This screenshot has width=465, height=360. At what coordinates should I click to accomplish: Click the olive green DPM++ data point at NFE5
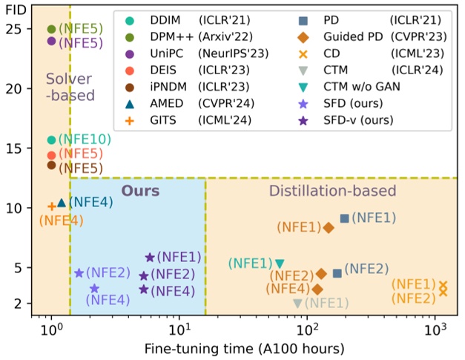(51, 30)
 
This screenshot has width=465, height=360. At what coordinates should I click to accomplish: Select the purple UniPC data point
(51, 42)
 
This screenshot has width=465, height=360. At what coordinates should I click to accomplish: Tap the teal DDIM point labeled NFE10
(51, 140)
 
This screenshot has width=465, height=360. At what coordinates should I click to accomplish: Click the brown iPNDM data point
(51, 165)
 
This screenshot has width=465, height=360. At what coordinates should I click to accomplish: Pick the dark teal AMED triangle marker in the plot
(62, 202)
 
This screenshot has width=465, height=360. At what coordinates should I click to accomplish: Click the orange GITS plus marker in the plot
(51, 206)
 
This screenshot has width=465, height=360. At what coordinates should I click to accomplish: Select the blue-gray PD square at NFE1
(344, 218)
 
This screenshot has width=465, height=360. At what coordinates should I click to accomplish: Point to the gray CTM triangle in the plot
(298, 303)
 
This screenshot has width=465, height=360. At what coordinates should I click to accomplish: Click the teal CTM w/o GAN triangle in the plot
(280, 264)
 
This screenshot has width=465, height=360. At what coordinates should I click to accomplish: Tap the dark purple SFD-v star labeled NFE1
(150, 257)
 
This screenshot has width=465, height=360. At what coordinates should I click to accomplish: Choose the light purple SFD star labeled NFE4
(94, 289)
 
